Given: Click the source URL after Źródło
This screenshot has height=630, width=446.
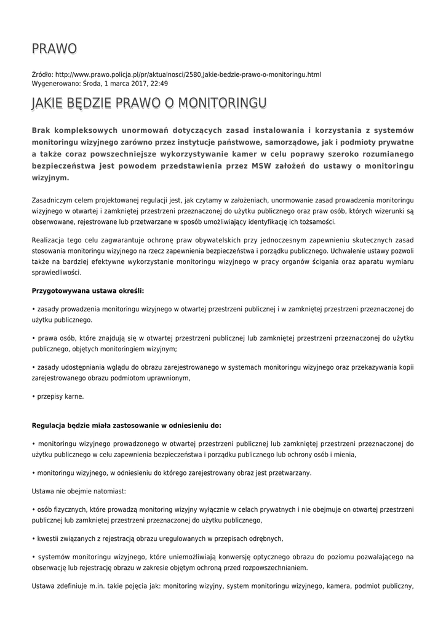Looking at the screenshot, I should tap(188, 74).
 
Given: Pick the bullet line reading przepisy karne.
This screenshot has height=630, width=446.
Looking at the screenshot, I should tap(59, 396).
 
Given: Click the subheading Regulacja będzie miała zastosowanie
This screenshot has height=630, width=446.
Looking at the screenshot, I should tap(126, 425).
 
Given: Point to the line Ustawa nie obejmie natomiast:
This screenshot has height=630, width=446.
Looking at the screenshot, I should tap(78, 491).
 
